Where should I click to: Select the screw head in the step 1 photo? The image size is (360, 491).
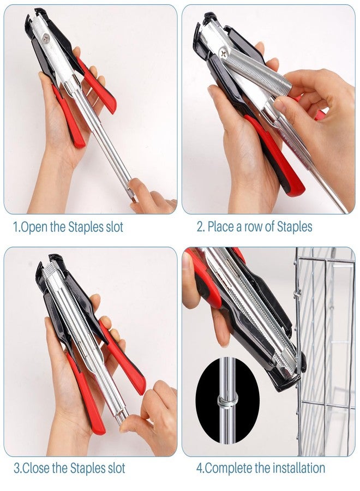[46, 38]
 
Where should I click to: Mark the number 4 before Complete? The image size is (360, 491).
[200, 468]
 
